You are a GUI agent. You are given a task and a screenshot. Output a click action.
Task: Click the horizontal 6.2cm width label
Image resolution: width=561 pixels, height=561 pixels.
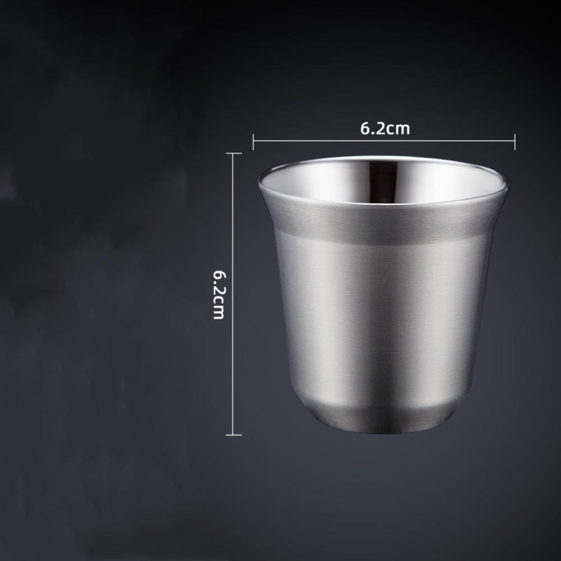pos(385,129)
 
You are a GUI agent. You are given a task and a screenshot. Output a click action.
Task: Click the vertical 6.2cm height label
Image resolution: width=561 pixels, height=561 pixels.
pos(218,295)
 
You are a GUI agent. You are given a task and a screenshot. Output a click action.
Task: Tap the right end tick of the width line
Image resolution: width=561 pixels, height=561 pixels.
pos(514,141)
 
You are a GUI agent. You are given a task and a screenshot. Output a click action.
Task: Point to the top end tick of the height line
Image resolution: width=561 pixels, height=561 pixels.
pos(233,153)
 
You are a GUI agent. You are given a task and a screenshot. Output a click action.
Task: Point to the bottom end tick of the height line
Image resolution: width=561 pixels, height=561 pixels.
pos(233,435)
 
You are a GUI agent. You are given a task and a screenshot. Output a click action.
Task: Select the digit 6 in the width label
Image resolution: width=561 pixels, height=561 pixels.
pos(365,129)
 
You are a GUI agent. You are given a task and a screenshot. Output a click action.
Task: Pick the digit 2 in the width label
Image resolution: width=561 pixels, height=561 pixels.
pos(380,129)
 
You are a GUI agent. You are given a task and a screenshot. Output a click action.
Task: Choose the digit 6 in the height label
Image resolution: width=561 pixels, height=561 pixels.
pos(218,276)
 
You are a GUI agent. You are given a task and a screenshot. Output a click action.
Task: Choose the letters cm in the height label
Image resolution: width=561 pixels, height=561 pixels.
pos(218,310)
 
